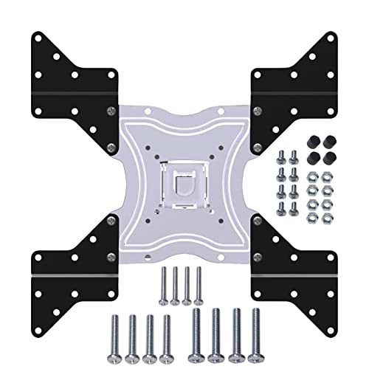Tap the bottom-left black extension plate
[x=70, y=262]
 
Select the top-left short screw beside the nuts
[x=282, y=156]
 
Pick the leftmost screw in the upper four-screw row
[x=163, y=284]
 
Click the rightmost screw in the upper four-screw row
[x=199, y=284]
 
